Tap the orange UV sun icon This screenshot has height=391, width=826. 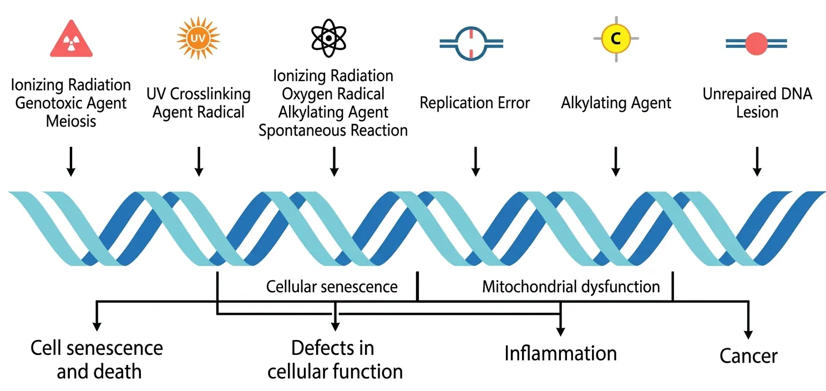[x=198, y=38]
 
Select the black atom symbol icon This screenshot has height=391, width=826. [x=330, y=37]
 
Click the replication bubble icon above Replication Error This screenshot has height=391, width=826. [x=471, y=42]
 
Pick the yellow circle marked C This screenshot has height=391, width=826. [x=615, y=38]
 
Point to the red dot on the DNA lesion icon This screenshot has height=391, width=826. [x=756, y=43]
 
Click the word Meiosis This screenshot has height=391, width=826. [x=70, y=121]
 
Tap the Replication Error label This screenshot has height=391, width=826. [x=474, y=103]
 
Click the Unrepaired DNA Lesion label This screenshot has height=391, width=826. [x=757, y=103]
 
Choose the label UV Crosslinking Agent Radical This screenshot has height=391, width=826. [x=198, y=103]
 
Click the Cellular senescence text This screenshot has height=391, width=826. [x=332, y=287]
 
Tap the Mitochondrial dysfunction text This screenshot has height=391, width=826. [x=571, y=287]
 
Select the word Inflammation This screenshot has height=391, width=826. [x=560, y=353]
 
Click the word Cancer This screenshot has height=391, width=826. [x=748, y=356]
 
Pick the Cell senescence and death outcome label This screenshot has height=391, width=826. [x=97, y=359]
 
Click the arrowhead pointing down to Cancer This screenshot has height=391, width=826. [x=748, y=334]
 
